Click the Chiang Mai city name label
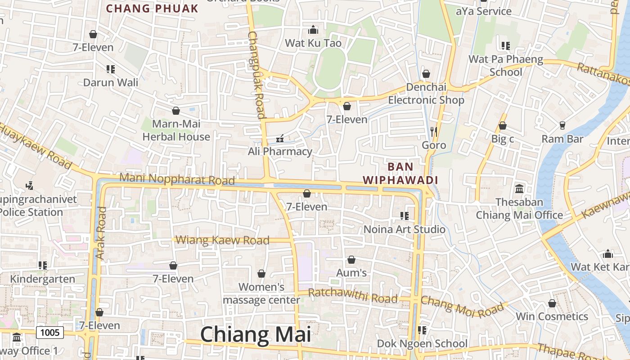point(255,335)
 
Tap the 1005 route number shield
point(49,333)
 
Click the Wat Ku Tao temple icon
point(313,30)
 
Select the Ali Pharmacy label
point(280,152)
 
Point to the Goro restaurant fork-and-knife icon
point(434,131)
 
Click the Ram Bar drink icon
point(562,125)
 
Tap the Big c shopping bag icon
point(503,126)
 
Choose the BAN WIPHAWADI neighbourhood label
point(400,173)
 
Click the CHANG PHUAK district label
point(152,9)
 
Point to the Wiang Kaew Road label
point(222,240)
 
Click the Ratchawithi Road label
point(353,296)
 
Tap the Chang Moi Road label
point(462,306)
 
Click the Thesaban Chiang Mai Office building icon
point(519,189)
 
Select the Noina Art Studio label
point(404,229)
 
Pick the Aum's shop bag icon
point(351,260)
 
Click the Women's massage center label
point(261,293)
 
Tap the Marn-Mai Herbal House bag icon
point(176,110)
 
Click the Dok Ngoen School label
point(422,344)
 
